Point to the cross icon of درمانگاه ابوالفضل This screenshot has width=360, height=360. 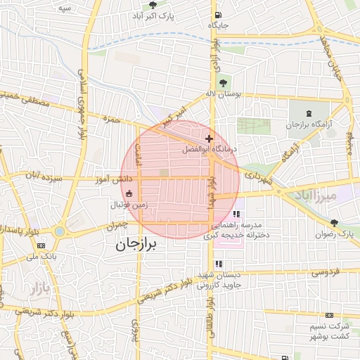pos(209,139)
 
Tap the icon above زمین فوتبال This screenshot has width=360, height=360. pos(129,194)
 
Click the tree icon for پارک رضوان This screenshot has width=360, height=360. pos(334,223)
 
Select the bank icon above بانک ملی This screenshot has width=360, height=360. pos(41,245)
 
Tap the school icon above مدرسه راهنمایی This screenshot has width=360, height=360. pos(237,214)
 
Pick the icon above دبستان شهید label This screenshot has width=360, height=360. pos(218,264)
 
